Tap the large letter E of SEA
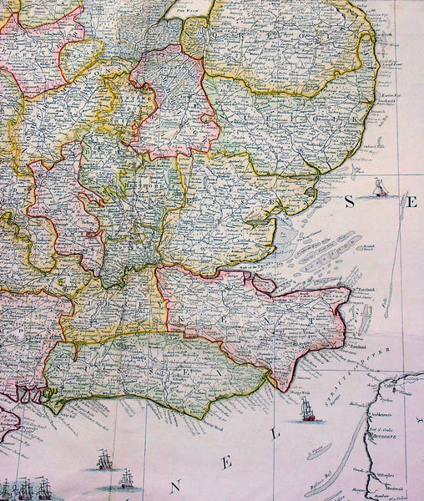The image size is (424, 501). [x=413, y=204]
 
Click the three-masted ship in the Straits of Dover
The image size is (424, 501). [x=306, y=410]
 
